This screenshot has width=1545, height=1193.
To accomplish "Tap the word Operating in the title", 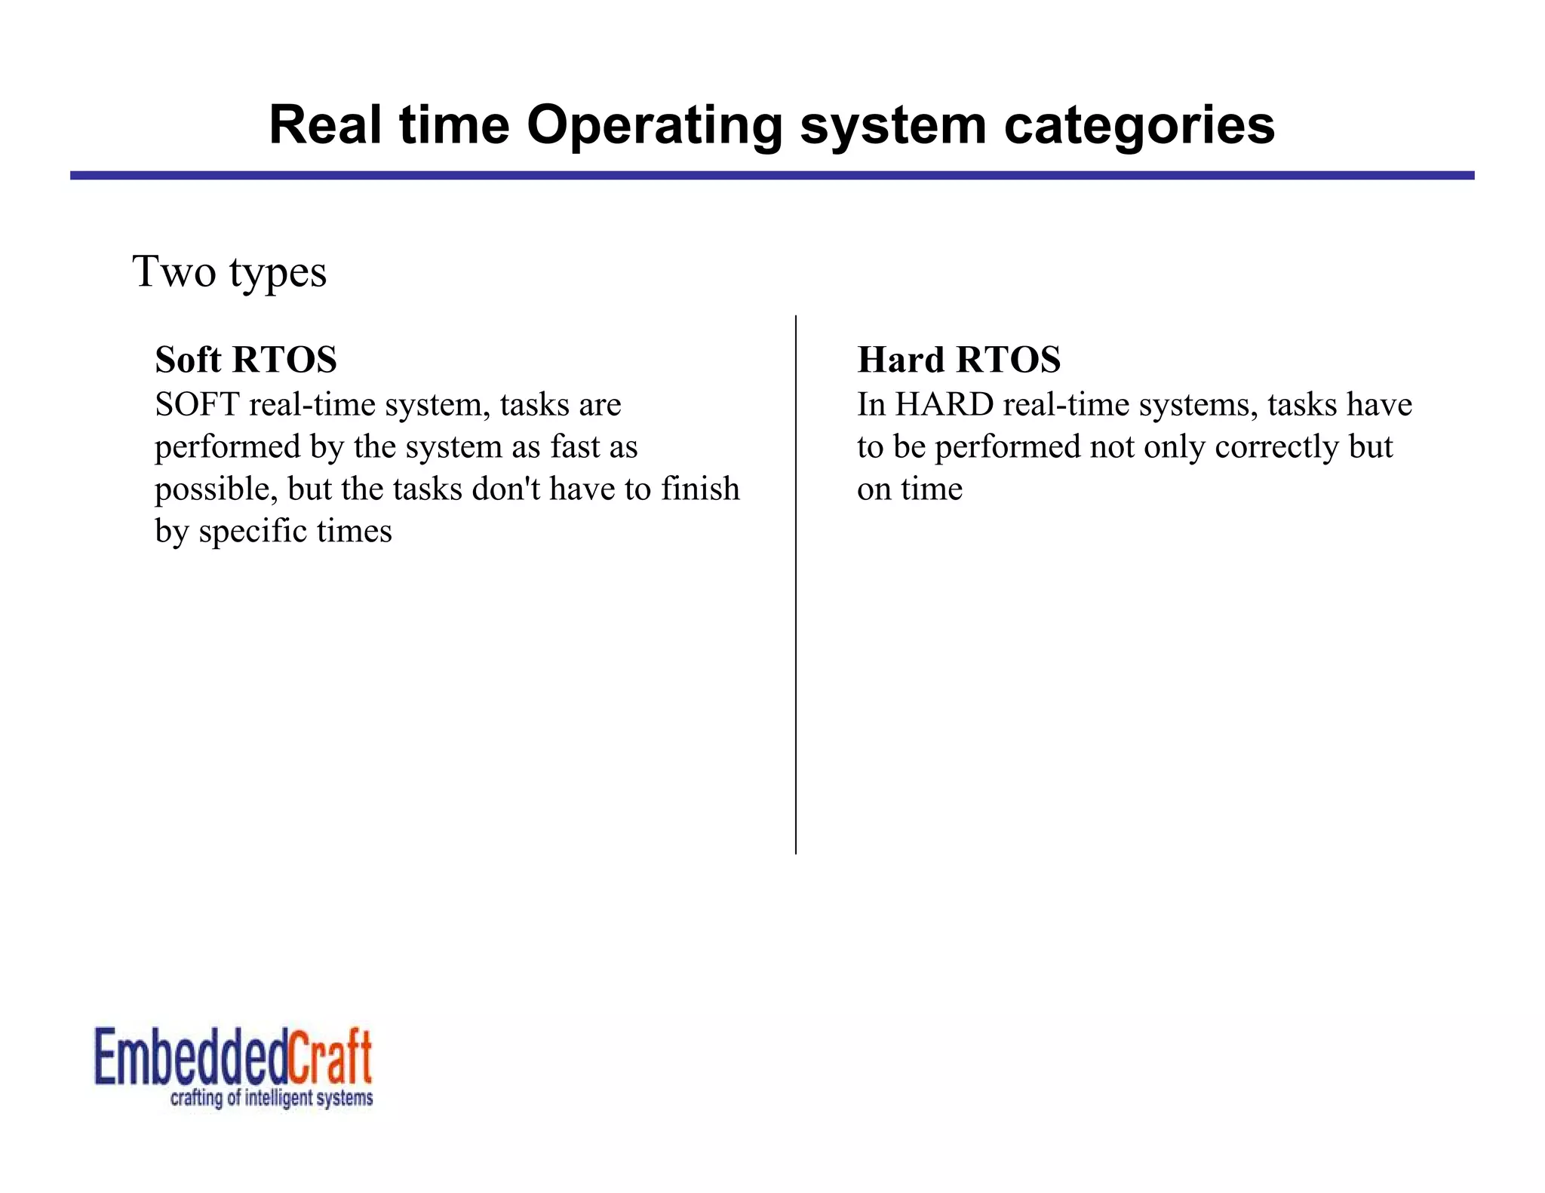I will [x=654, y=125].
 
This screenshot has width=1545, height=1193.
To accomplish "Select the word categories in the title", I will [x=1139, y=125].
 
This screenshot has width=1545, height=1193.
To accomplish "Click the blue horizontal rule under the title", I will [x=772, y=175].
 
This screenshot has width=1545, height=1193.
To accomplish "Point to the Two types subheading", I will [x=229, y=271].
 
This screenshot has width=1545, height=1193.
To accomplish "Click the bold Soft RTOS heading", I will [x=246, y=360].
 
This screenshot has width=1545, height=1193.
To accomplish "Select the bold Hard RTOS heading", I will [x=959, y=360].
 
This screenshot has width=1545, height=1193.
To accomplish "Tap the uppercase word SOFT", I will [x=197, y=405].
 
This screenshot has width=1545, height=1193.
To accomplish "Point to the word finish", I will [x=701, y=489].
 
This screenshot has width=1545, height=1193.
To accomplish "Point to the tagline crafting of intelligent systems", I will [x=272, y=1098].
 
